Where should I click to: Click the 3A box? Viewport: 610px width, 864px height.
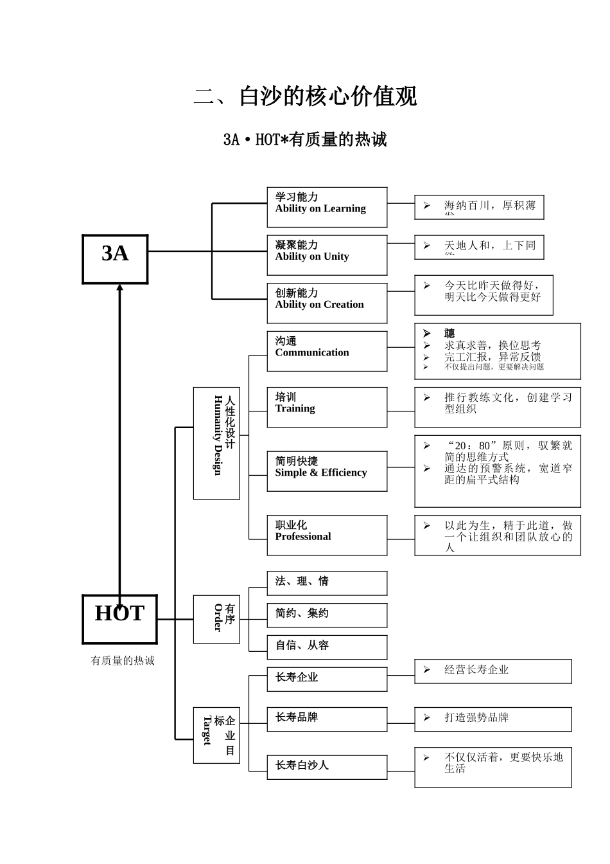(x=115, y=259)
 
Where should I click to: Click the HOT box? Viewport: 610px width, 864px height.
(x=119, y=619)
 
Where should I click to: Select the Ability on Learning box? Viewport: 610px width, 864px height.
(x=327, y=207)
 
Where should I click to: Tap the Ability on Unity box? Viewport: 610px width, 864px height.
(x=327, y=255)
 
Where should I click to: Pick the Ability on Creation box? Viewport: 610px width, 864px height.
(x=327, y=303)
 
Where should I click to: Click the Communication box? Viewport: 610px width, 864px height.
(x=327, y=351)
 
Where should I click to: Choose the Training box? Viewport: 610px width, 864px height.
(x=327, y=407)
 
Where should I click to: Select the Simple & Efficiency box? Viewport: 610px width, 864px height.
(x=327, y=471)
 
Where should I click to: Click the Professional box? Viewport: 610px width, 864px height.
(x=327, y=535)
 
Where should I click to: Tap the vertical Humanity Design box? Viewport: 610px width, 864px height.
(x=216, y=443)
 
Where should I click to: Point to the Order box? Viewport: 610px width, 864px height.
(x=216, y=619)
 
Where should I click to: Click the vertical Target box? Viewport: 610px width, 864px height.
(x=216, y=735)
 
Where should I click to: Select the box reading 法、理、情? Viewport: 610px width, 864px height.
(x=327, y=583)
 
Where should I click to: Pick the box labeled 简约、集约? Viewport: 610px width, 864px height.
(x=327, y=615)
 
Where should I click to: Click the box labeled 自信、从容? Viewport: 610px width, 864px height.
(x=327, y=647)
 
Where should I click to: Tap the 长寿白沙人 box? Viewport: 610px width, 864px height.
(x=327, y=767)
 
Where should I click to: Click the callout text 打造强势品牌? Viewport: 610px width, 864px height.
(x=476, y=717)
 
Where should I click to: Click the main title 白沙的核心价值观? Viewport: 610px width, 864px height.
(x=306, y=96)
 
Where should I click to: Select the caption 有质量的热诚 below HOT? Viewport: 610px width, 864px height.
(x=123, y=661)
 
